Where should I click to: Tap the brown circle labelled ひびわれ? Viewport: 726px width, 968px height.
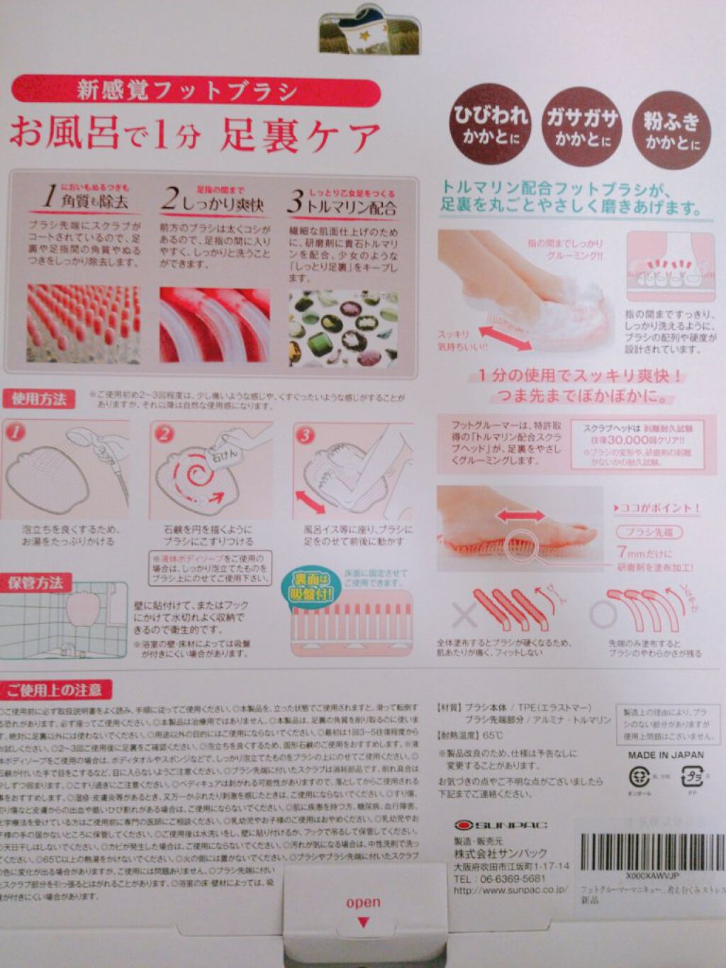491,124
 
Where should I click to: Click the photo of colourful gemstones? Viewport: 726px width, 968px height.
343,328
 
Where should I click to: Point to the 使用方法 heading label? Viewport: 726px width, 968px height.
38,399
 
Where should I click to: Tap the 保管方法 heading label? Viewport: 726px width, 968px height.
35,583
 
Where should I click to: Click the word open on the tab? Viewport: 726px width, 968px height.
363,903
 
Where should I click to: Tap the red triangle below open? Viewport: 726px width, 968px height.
363,923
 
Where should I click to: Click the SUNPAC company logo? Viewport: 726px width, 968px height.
501,825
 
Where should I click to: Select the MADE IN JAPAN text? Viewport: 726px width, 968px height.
666,755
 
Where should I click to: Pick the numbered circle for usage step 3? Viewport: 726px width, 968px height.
306,435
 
